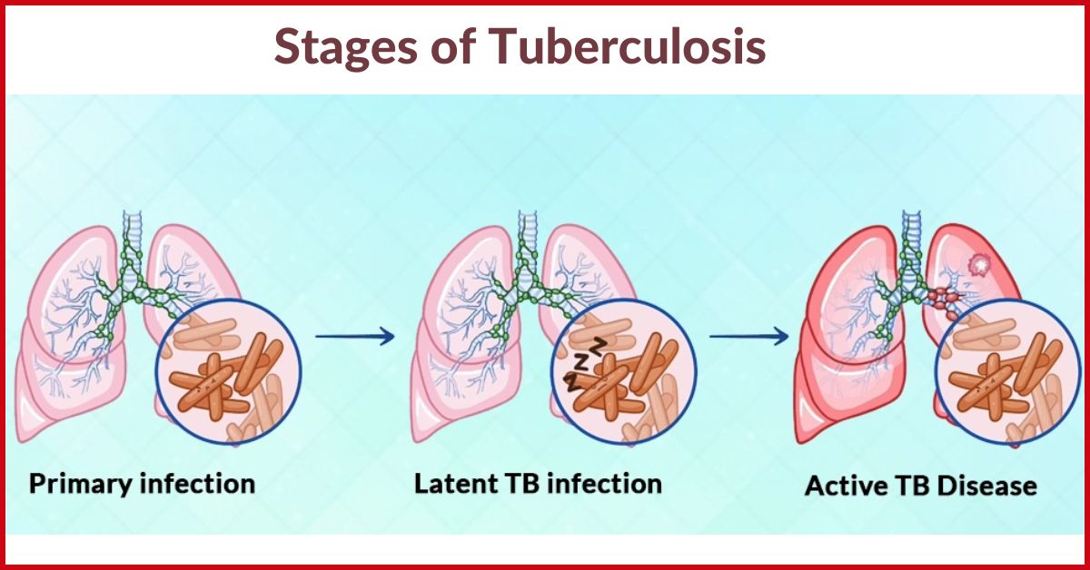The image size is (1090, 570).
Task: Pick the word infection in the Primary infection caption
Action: (x=200, y=483)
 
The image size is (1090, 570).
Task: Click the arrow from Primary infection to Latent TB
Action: (x=355, y=337)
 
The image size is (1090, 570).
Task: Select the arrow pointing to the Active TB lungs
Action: (x=748, y=337)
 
